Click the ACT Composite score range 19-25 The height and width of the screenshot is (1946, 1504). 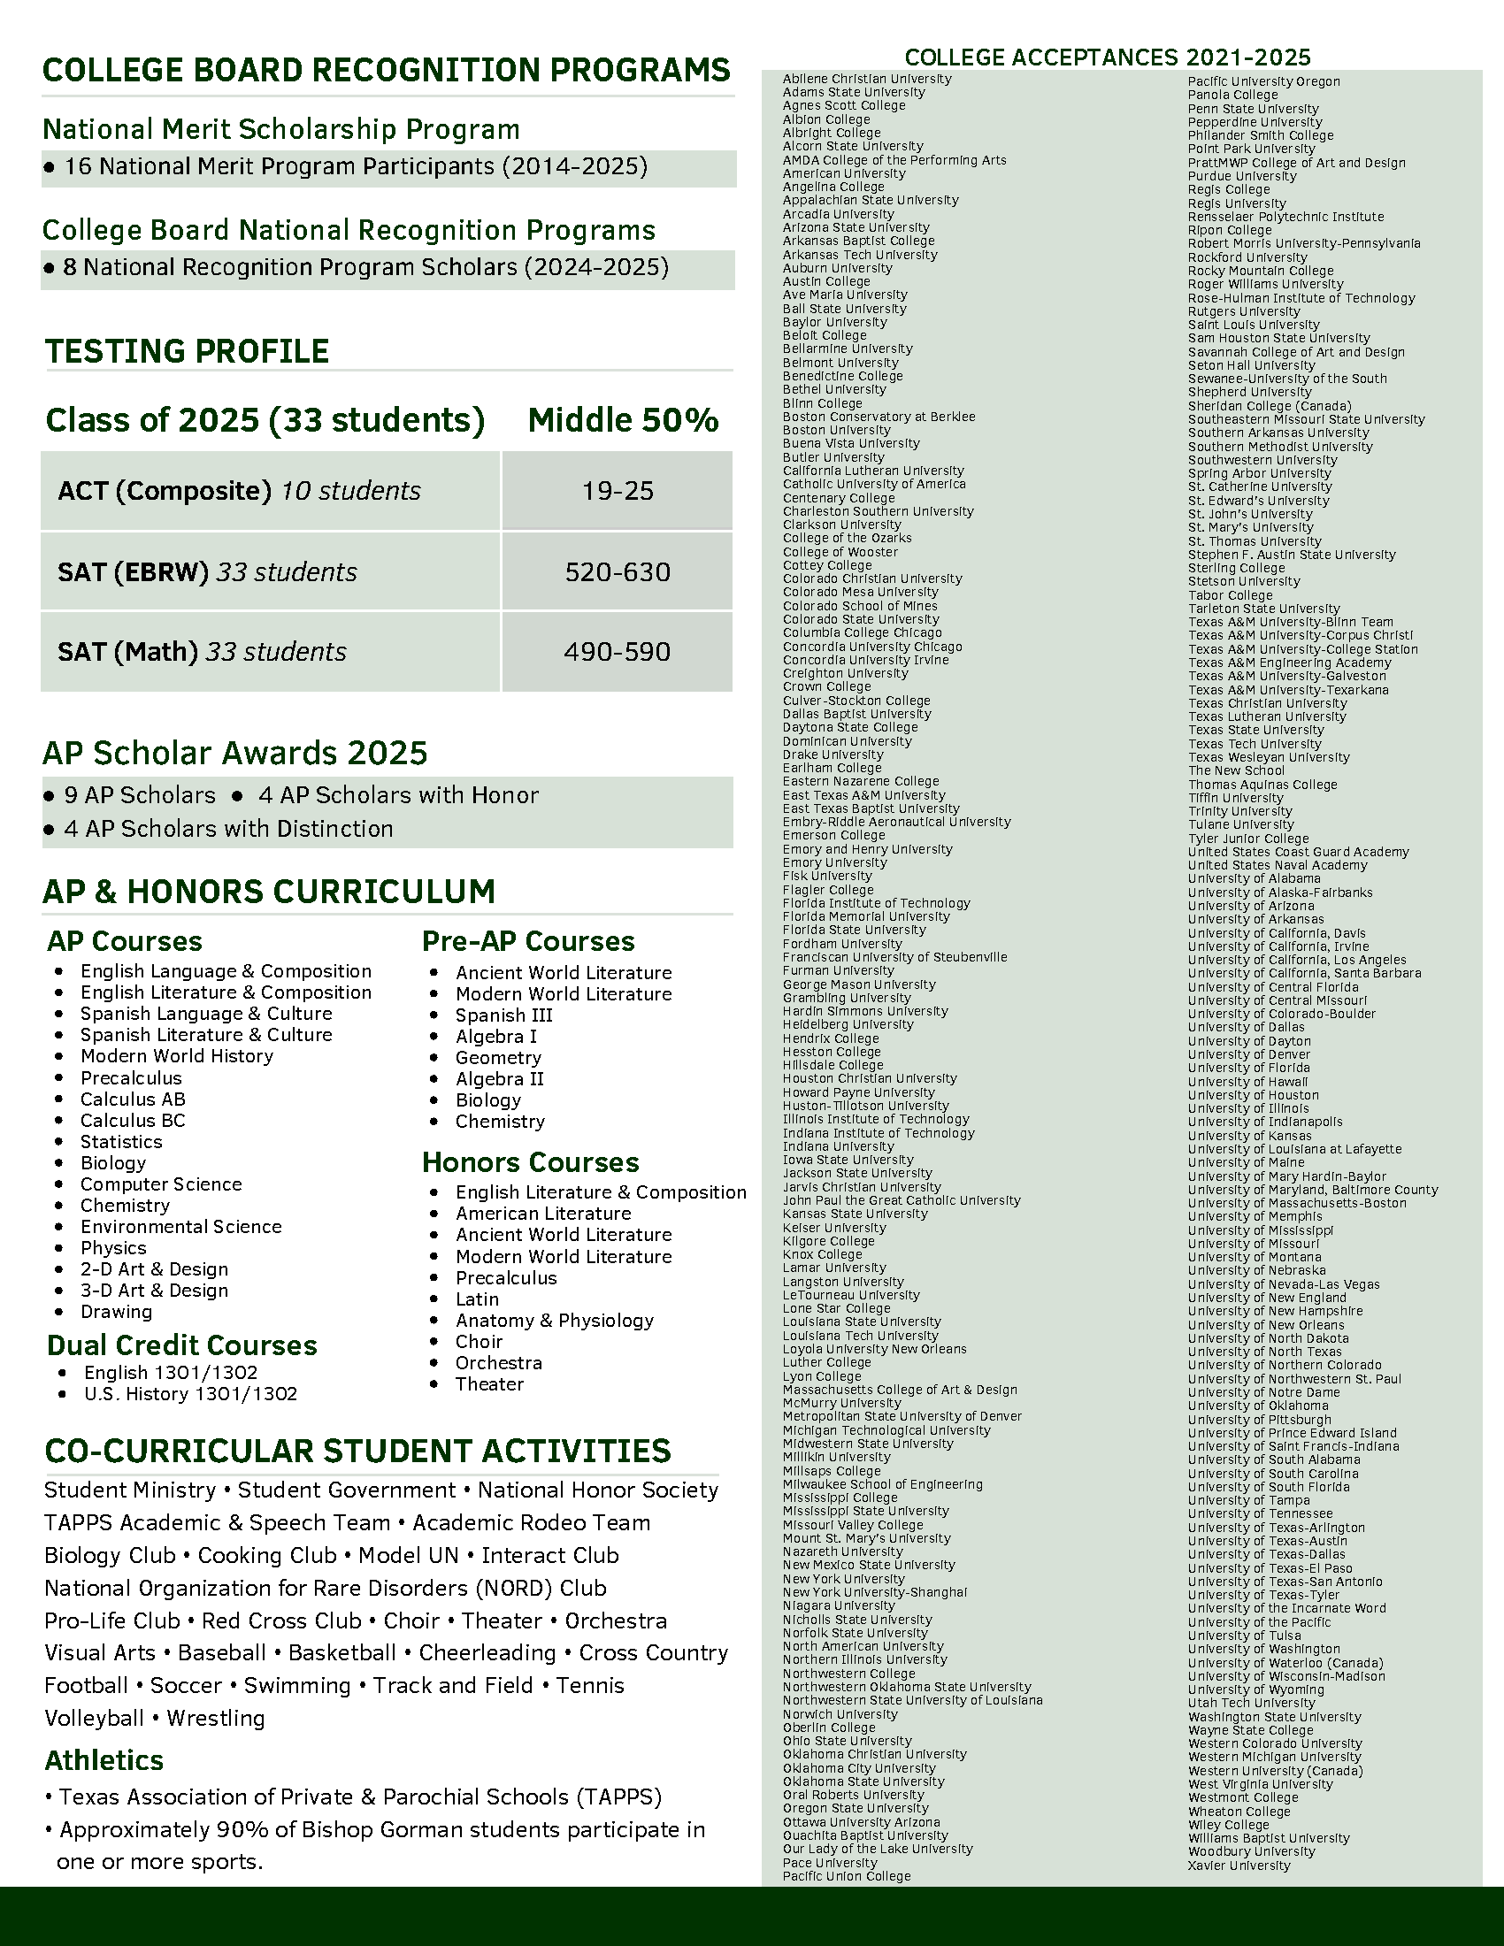coord(618,491)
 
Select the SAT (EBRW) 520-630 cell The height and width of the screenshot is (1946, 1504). coord(618,572)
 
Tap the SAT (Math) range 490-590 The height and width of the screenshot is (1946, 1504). coord(618,652)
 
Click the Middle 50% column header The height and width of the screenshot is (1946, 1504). coord(623,420)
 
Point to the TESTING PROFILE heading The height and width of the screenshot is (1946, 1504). coord(187,351)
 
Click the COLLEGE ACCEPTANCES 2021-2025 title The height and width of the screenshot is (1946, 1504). coord(1108,57)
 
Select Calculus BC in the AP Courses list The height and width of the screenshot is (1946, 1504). coord(133,1121)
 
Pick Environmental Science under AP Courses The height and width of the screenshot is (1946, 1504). coord(180,1227)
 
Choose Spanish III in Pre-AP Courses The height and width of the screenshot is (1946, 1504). coord(503,1015)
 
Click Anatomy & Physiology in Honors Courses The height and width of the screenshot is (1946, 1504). coord(554,1321)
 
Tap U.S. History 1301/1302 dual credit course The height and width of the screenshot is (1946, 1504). coord(191,1393)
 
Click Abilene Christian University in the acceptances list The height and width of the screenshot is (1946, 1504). coord(867,80)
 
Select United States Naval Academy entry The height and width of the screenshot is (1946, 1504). coord(1277,865)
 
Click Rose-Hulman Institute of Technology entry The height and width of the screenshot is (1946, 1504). coord(1301,298)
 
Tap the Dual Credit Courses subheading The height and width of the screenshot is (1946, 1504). coord(181,1345)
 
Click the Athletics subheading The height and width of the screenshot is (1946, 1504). coord(104,1760)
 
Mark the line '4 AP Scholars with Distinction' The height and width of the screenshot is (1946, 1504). coord(228,829)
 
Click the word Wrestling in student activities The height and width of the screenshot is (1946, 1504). coord(216,1718)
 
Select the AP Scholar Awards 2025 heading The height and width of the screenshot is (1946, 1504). coord(235,754)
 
